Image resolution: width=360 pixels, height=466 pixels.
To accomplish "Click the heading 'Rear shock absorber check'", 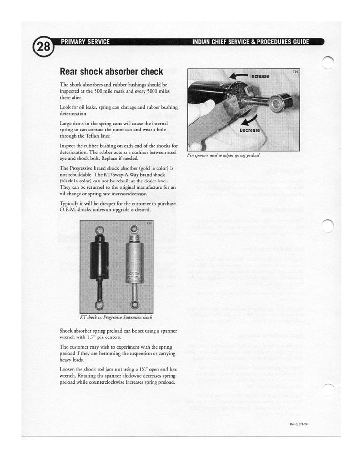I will coord(111,72).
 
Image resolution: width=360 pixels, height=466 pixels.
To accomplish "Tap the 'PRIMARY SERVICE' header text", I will coord(85,41).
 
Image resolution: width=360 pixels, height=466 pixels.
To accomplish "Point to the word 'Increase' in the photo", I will coord(259,76).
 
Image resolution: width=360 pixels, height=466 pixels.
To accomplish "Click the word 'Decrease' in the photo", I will coord(250,130).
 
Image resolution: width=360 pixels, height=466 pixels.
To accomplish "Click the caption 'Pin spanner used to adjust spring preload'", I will coord(223,155).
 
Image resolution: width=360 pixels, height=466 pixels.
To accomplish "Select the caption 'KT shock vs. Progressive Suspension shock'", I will coord(119,317).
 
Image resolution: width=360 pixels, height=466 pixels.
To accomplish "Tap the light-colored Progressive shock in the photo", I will coord(134,260).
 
